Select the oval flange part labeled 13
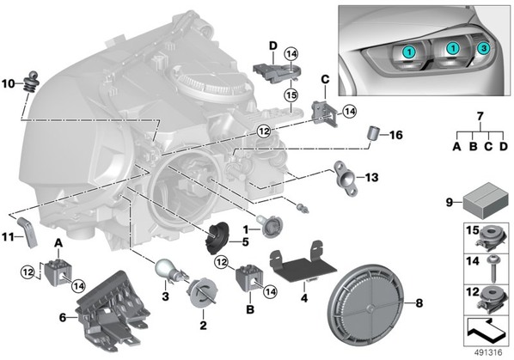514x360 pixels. (x=346, y=177)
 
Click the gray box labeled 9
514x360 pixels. (x=486, y=200)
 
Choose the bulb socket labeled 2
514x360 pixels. (x=202, y=292)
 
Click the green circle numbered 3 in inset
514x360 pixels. (x=483, y=48)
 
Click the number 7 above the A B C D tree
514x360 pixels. (x=480, y=116)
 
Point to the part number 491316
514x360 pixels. (x=488, y=353)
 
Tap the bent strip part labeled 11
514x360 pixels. (x=28, y=232)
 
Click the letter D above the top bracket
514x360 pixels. (x=272, y=46)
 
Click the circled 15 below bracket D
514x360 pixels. (x=291, y=95)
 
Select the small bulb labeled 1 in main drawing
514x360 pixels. (x=269, y=226)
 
